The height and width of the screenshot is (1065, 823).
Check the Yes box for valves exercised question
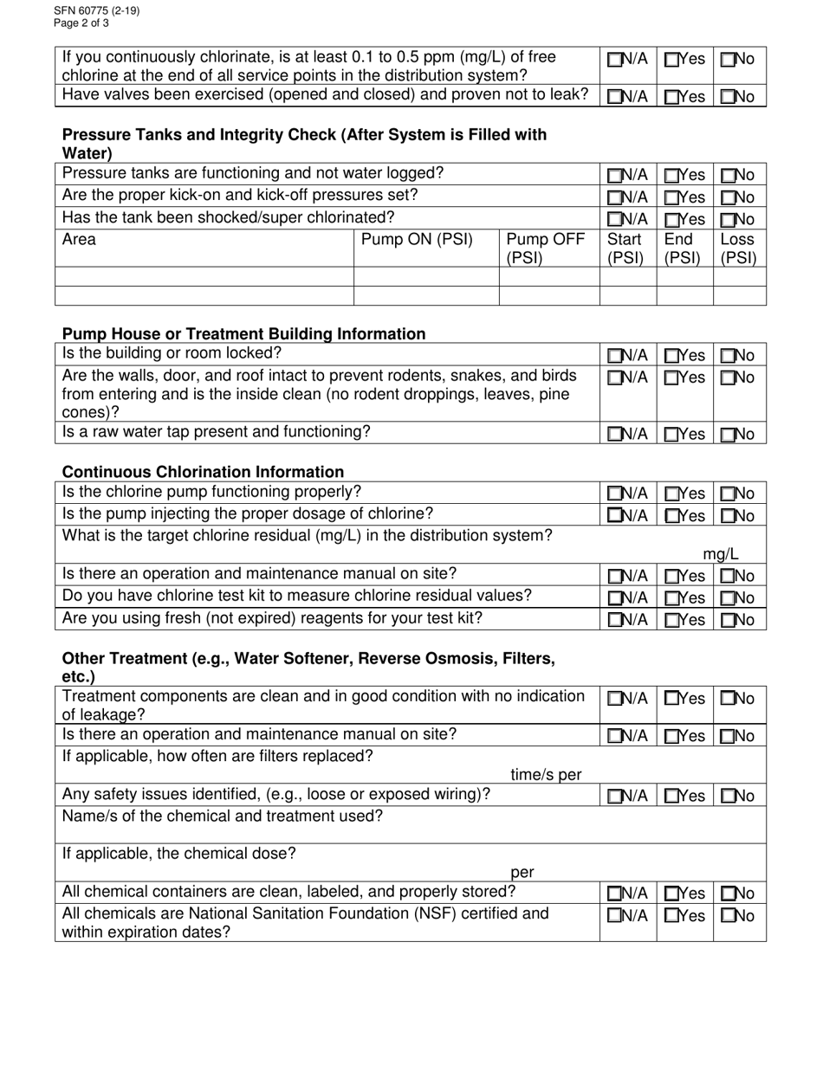tap(671, 97)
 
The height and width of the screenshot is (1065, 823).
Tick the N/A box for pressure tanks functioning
tap(614, 176)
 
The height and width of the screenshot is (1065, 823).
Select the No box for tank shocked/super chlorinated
tap(728, 220)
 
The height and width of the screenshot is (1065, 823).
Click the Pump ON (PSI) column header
tap(417, 240)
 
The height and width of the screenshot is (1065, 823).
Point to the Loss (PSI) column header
tap(738, 248)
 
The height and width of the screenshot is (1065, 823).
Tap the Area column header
tap(80, 240)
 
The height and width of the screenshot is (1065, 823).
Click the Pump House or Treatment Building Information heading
tap(243, 333)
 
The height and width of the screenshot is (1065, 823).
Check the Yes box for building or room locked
tap(671, 356)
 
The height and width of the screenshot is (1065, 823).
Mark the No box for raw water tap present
tap(728, 435)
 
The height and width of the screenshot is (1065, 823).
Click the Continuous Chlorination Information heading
tap(203, 472)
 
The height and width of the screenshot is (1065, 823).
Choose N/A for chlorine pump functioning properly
tap(614, 494)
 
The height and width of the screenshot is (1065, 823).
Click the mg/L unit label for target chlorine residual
tap(720, 554)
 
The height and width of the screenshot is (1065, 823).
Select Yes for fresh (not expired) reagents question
tap(671, 620)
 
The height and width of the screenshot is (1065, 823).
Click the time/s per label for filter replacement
tap(546, 775)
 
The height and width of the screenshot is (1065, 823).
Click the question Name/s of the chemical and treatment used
tap(223, 816)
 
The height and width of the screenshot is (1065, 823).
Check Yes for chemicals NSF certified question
tap(671, 916)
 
